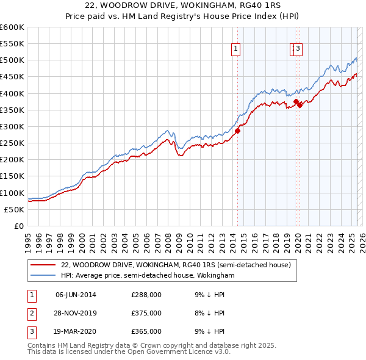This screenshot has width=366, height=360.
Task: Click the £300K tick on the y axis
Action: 12,126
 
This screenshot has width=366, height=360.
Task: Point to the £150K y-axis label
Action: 12,176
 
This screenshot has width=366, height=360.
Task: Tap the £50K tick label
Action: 15,209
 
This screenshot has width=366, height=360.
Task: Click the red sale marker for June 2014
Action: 238,130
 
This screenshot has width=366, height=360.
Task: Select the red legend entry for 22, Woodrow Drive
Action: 176,265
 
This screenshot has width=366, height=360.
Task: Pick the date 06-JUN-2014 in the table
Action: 76,295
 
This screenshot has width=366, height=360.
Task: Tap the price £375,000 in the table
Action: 146,313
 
